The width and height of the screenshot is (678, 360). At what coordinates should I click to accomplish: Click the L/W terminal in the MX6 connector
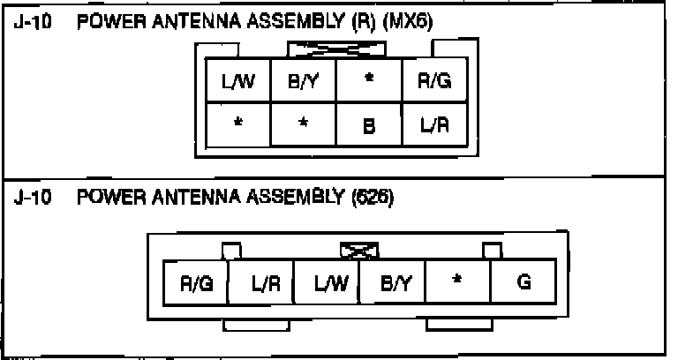pyautogui.click(x=238, y=82)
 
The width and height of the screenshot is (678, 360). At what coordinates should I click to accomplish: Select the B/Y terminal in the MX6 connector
pyautogui.click(x=303, y=82)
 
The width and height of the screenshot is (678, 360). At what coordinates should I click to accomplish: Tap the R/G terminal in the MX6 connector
pyautogui.click(x=434, y=82)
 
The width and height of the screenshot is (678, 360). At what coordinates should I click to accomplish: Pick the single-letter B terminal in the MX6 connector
pyautogui.click(x=369, y=125)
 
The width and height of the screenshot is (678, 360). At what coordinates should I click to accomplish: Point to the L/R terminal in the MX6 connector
pyautogui.click(x=434, y=125)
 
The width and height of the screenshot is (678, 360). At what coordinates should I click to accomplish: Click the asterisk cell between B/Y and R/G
pyautogui.click(x=369, y=81)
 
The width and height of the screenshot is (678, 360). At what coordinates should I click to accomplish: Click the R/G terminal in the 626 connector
pyautogui.click(x=195, y=283)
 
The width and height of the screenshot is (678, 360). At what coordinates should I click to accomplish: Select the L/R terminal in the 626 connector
pyautogui.click(x=261, y=283)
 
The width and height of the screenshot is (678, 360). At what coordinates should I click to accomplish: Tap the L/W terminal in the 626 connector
pyautogui.click(x=327, y=283)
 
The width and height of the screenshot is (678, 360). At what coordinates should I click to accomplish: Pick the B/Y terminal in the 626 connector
pyautogui.click(x=392, y=283)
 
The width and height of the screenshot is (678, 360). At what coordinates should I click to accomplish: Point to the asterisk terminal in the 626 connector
pyautogui.click(x=457, y=283)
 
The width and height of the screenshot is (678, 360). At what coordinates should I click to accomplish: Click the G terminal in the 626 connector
pyautogui.click(x=524, y=283)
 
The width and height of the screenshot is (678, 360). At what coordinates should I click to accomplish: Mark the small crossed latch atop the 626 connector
pyautogui.click(x=359, y=252)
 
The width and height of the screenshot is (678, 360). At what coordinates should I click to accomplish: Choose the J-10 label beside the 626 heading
pyautogui.click(x=36, y=198)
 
